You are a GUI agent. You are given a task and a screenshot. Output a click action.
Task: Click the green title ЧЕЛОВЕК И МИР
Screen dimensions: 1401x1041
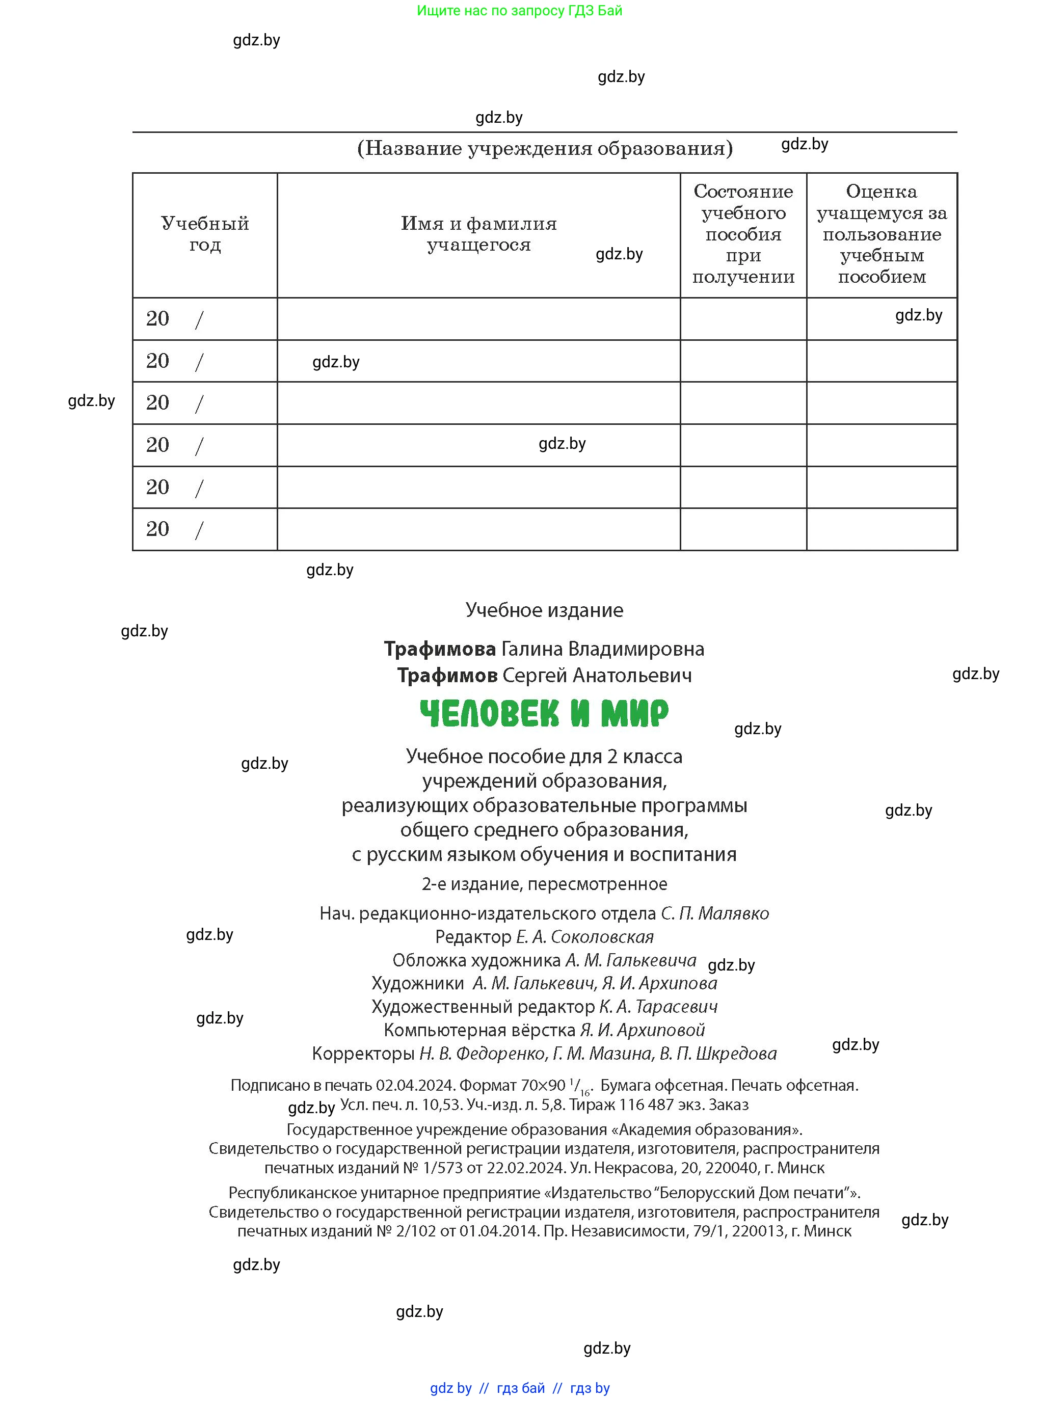(x=544, y=713)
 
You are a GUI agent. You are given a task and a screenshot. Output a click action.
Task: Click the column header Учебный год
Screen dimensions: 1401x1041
(x=205, y=234)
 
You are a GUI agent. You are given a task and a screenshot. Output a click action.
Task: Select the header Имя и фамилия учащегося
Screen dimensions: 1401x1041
(x=478, y=234)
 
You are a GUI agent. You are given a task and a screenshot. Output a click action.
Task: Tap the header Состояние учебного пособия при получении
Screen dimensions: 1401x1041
(x=743, y=234)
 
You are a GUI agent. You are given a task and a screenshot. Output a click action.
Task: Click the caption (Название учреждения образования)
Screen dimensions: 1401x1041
(x=544, y=148)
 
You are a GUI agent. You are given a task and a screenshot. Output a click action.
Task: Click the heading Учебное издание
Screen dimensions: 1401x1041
(x=544, y=610)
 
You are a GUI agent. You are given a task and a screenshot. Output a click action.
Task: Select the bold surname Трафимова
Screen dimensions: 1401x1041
(x=440, y=649)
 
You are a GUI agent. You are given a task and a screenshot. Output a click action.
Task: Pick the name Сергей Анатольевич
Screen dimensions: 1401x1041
(x=597, y=676)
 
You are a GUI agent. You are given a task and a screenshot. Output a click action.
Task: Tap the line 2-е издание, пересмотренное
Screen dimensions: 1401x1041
(x=544, y=884)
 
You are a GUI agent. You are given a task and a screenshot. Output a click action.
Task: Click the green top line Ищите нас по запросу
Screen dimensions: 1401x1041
(x=519, y=11)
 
